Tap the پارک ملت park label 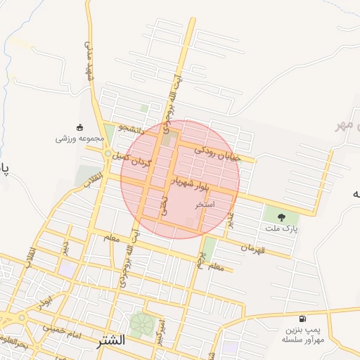click(281, 229)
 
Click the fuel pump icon click(302, 319)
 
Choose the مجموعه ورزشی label click(79, 139)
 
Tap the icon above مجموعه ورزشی click(79, 127)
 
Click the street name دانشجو click(131, 129)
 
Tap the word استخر click(205, 204)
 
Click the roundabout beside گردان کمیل click(108, 153)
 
